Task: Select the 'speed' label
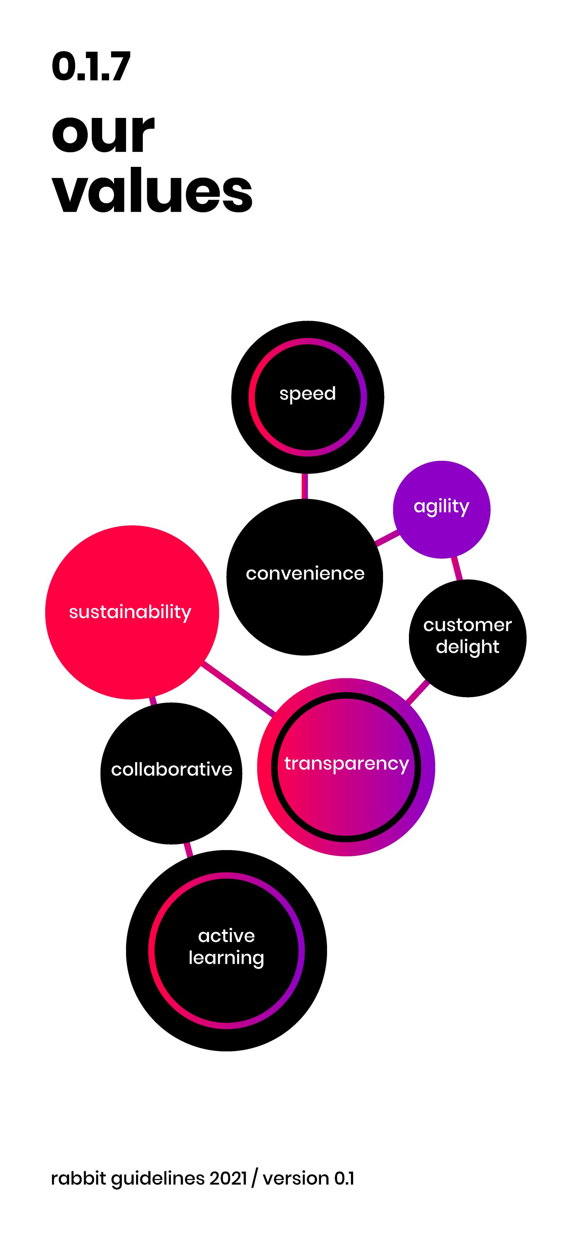pos(307,393)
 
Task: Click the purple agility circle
pos(441,509)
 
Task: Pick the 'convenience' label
pos(305,573)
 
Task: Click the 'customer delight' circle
pos(467,638)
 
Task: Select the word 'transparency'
pos(346,763)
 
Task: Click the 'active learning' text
pos(226,946)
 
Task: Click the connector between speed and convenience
pos(304,486)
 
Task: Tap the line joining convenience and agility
pos(387,538)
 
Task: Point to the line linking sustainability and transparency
pos(238,689)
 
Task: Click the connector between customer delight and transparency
pos(418,692)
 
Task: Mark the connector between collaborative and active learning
pos(188,849)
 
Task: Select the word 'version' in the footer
pos(296,1178)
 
